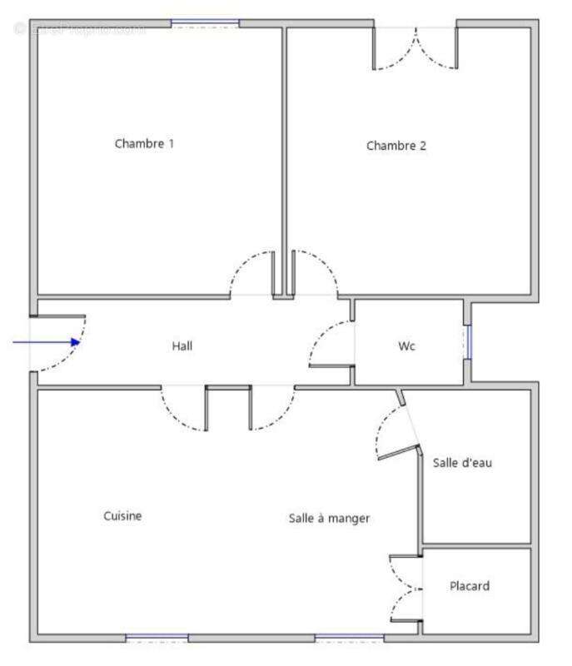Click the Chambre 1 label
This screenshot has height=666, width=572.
144,143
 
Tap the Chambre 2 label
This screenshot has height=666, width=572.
396,146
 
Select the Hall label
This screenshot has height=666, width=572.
182,345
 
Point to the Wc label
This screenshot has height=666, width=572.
406,346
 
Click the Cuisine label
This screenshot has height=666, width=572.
122,516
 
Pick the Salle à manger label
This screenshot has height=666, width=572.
329,518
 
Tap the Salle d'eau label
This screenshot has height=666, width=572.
462,462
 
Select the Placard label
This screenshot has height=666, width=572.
470,586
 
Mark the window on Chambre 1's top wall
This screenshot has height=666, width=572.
205,23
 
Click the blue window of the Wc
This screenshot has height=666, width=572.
468,341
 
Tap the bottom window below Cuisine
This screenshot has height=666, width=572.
157,638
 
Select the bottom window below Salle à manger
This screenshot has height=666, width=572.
350,638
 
